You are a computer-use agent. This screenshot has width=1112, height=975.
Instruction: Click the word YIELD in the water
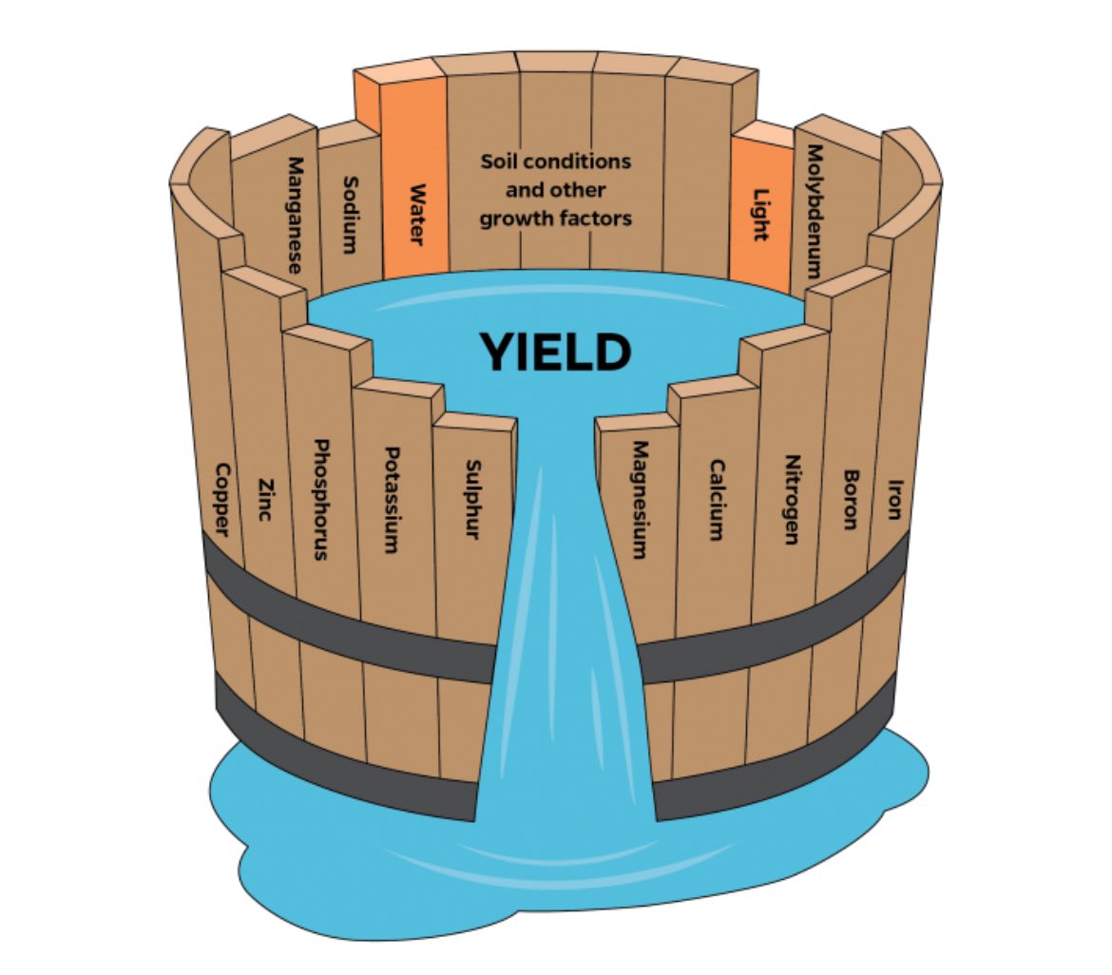tap(554, 353)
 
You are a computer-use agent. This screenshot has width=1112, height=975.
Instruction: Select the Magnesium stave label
tap(639, 499)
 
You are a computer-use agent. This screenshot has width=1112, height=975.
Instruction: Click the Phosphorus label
tap(321, 498)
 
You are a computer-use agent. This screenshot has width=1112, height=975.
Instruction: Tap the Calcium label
tap(716, 500)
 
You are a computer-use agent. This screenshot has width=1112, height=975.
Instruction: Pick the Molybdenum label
tap(814, 211)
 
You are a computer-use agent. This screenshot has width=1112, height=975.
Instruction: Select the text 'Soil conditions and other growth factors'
tap(555, 190)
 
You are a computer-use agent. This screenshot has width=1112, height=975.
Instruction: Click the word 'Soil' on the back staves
tap(501, 162)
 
